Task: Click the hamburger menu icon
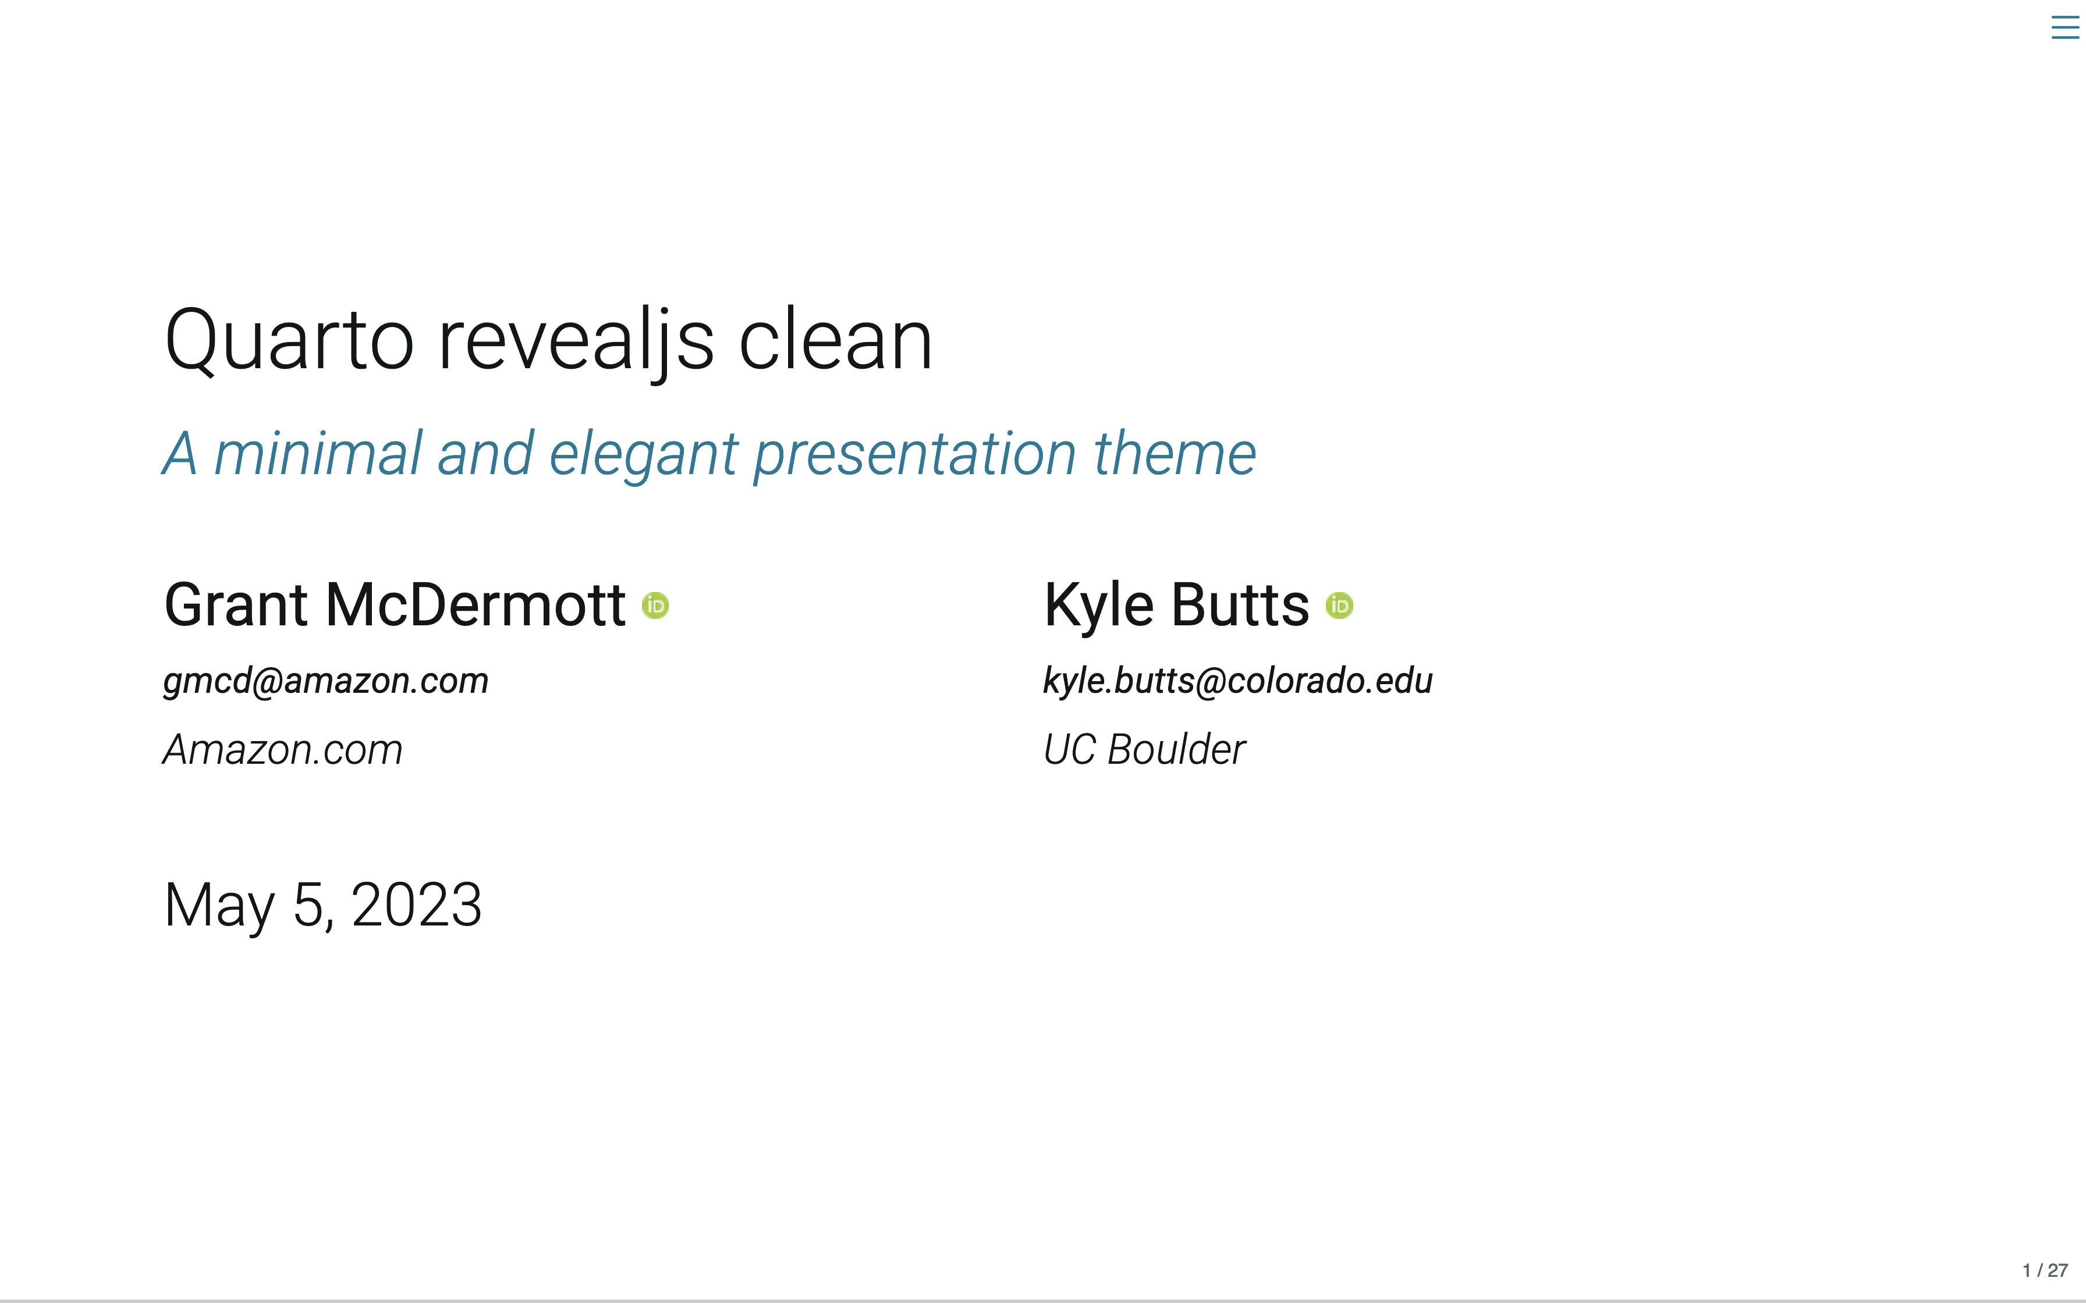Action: [2065, 27]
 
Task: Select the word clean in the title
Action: [835, 340]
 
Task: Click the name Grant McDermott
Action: [395, 605]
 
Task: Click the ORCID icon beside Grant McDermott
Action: [656, 606]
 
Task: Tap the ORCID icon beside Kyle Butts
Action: [1339, 606]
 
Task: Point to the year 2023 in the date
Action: [416, 905]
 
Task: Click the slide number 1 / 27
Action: [2045, 1270]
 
